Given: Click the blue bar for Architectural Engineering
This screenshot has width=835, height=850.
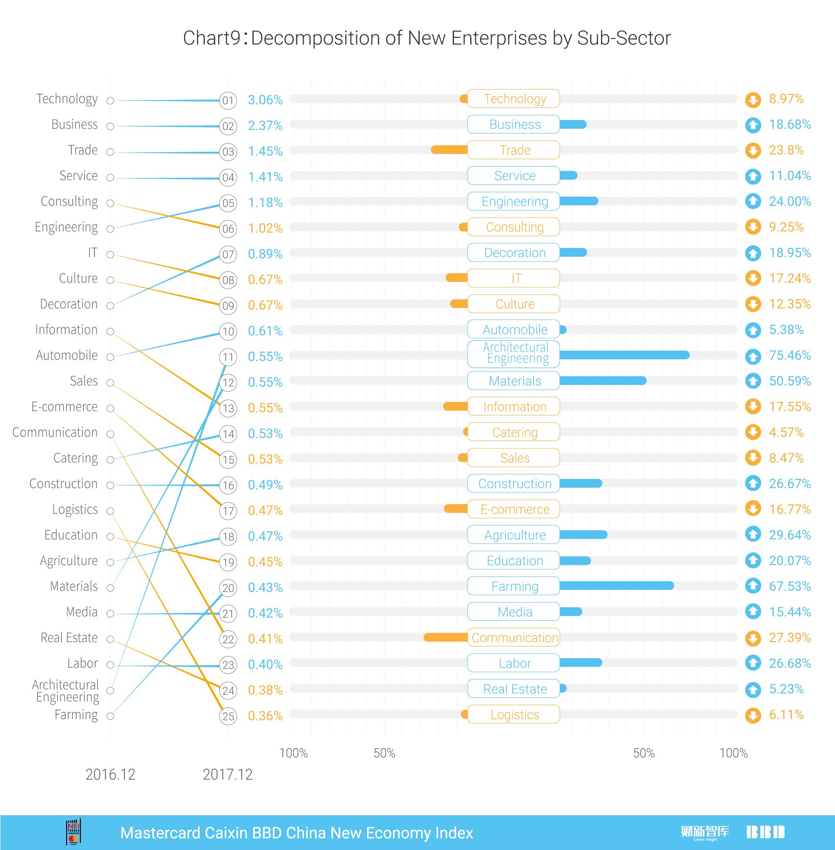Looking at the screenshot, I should tap(624, 355).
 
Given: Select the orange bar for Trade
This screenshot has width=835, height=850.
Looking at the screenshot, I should tap(449, 150).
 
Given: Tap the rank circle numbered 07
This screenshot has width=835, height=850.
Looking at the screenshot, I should tap(228, 254).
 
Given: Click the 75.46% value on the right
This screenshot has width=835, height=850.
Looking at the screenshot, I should tap(789, 355).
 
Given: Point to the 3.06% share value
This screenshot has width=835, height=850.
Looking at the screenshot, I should tap(265, 100).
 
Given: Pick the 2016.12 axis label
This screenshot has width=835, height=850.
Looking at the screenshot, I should tap(110, 775).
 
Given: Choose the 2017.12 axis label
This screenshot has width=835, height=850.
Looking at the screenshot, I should tap(227, 775).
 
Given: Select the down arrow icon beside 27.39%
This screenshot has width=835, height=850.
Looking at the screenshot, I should tap(753, 638).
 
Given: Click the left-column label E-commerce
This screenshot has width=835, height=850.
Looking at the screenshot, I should tap(64, 407).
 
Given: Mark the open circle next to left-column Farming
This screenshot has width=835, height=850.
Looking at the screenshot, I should tap(110, 716).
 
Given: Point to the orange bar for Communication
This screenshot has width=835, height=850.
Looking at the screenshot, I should tap(446, 637).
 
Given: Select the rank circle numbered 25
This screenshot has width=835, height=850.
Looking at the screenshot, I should tap(228, 716).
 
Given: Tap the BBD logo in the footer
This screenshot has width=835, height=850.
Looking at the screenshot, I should tap(765, 832).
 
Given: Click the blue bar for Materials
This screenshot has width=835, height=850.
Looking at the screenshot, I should tap(603, 381).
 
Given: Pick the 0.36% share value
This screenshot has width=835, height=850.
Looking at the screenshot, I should tap(265, 716).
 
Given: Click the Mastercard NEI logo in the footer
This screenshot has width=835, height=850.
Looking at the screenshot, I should tap(73, 832).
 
